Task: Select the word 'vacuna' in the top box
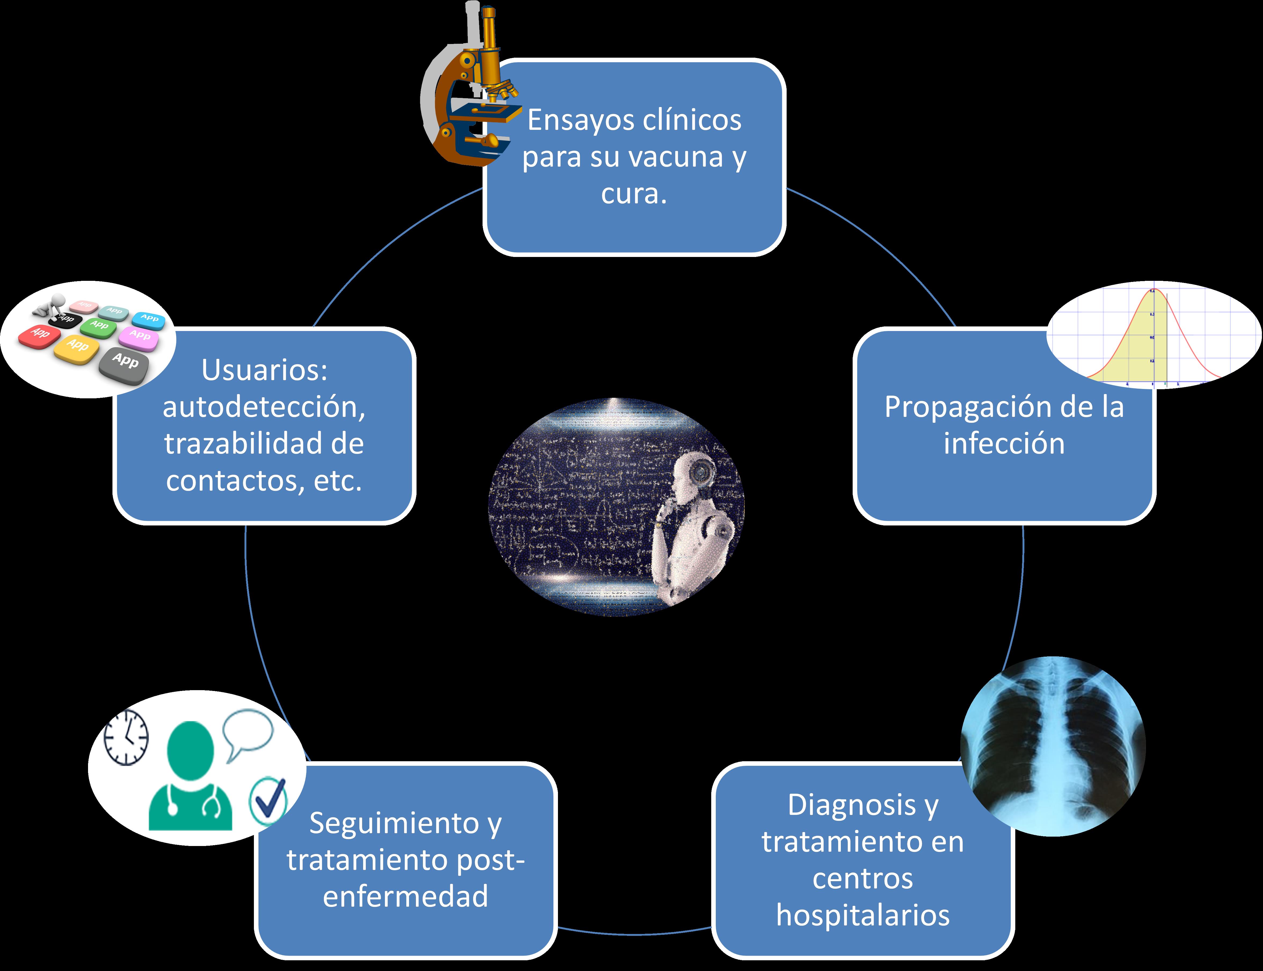click(676, 157)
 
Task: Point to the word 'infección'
click(1004, 444)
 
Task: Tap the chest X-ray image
click(1053, 746)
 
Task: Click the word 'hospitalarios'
click(863, 915)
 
